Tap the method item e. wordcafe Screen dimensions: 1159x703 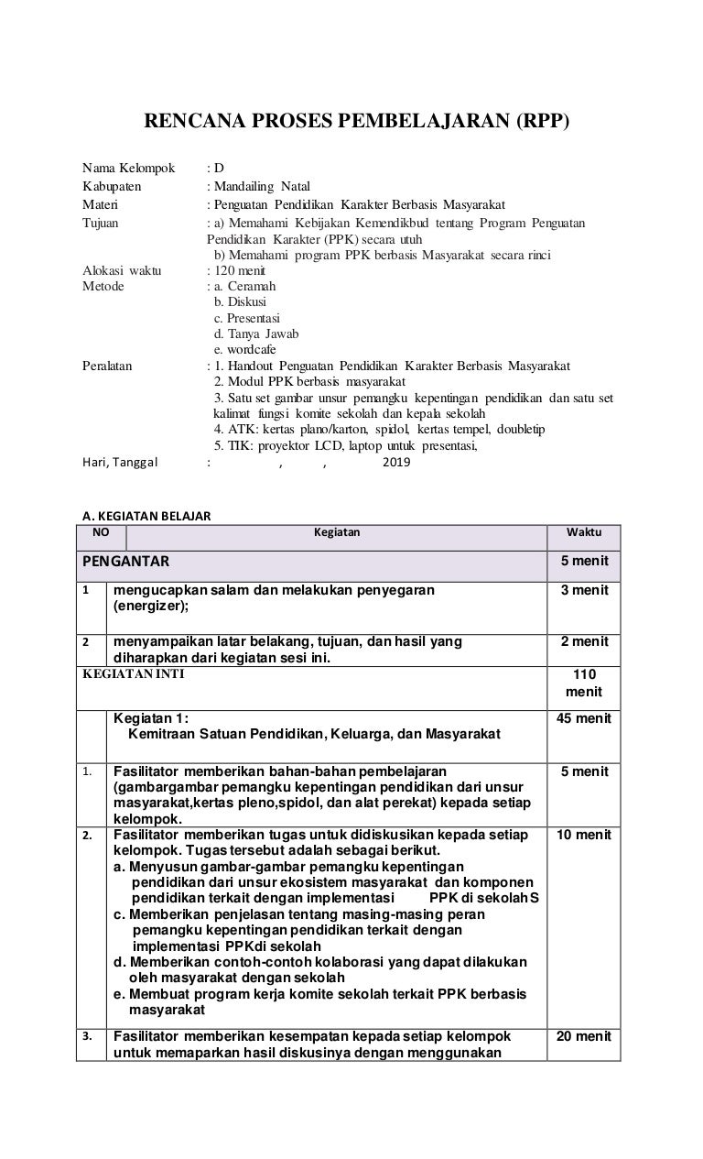click(x=244, y=349)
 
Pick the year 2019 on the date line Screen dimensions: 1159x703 click(x=396, y=463)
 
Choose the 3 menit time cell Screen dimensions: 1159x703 click(x=584, y=590)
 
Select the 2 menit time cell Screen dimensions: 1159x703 click(x=584, y=641)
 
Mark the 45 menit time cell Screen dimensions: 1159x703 click(x=584, y=718)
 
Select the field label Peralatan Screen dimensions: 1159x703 click(x=107, y=366)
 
